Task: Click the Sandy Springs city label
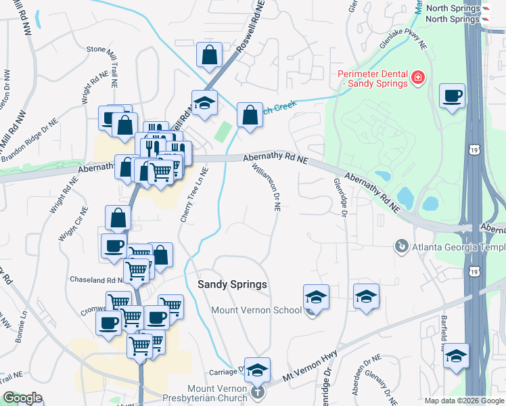[232, 285]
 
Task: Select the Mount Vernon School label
[256, 311]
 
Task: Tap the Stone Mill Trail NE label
[115, 49]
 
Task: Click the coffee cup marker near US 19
[452, 97]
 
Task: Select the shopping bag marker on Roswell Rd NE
[210, 55]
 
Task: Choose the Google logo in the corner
[22, 398]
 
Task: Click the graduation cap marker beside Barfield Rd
[457, 356]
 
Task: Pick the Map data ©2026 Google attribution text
[463, 401]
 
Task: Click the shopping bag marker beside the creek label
[250, 116]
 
